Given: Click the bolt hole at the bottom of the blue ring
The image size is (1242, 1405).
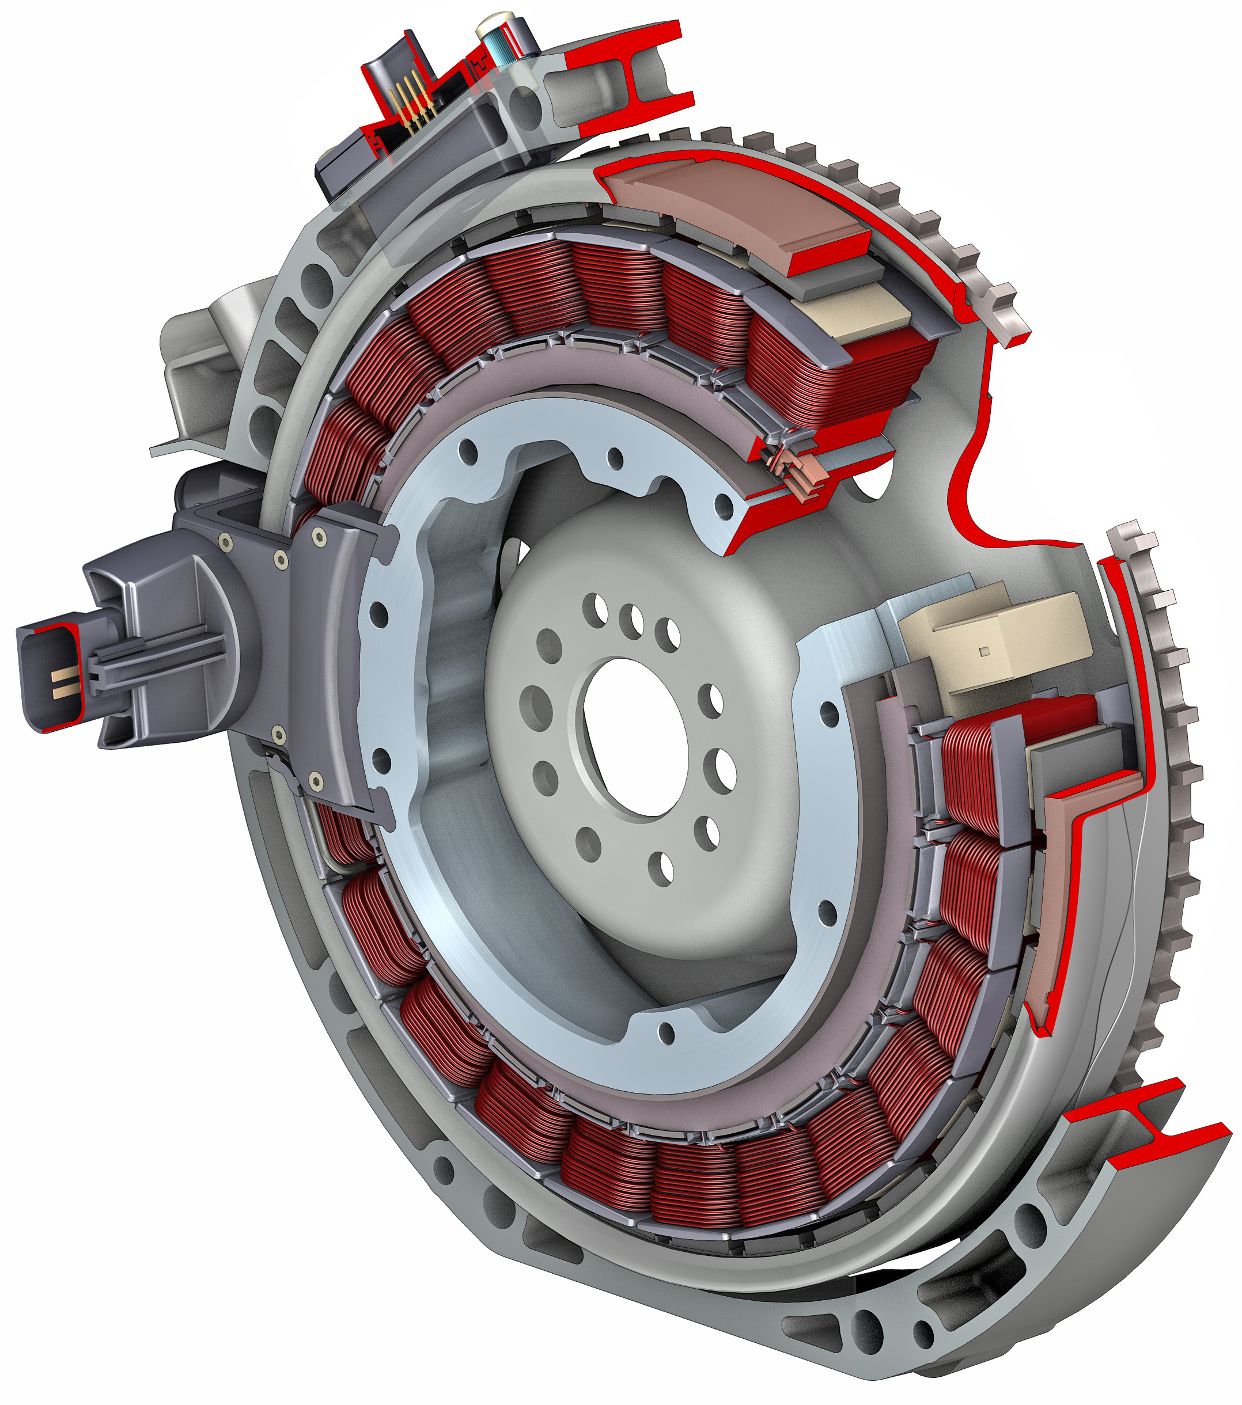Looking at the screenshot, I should (x=667, y=1032).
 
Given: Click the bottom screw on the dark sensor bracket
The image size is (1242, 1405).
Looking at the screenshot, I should (x=316, y=781).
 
